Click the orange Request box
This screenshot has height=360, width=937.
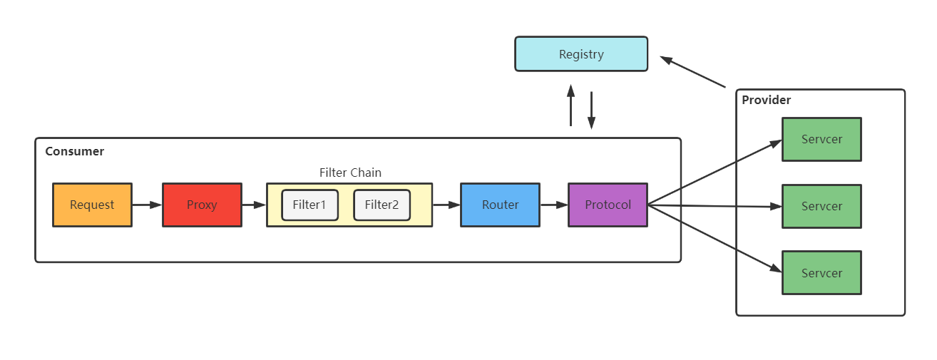92,205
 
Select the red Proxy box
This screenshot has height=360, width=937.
202,205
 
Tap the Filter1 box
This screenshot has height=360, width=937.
309,205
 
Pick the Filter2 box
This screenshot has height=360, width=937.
382,205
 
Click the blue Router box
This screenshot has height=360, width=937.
500,205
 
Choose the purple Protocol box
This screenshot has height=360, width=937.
608,205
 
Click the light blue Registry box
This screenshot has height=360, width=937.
581,54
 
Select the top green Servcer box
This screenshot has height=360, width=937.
821,139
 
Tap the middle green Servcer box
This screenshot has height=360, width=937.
821,206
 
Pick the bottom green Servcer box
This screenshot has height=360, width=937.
821,273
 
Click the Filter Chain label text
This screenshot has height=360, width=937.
350,173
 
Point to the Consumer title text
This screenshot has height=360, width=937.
75,151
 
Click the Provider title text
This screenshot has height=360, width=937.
767,100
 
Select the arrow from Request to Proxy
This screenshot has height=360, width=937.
147,205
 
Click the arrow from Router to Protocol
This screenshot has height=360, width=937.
553,205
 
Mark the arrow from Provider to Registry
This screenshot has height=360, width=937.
692,72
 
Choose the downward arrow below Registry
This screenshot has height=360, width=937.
591,110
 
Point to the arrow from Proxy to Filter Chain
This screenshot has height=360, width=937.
254,205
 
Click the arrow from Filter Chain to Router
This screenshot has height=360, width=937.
446,205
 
